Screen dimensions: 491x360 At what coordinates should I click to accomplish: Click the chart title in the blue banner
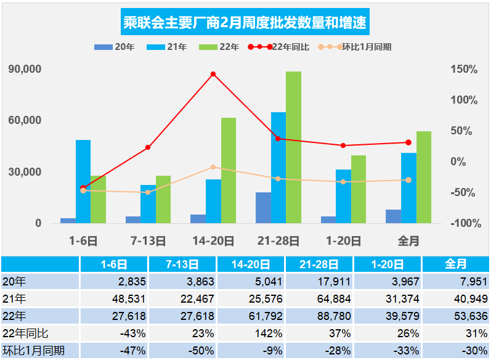pos(245,22)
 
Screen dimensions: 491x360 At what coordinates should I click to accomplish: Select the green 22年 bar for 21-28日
pos(293,147)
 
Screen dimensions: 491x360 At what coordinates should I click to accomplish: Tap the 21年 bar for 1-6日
pos(83,181)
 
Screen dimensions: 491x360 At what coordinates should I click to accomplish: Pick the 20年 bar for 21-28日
pos(263,208)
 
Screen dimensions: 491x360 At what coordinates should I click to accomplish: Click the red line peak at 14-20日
pos(213,74)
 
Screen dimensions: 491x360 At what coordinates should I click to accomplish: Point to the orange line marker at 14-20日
pos(213,167)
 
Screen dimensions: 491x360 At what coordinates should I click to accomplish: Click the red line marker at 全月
pos(408,142)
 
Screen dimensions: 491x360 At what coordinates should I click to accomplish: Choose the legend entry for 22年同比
pos(278,47)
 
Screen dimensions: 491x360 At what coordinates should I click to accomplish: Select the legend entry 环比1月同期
pos(355,47)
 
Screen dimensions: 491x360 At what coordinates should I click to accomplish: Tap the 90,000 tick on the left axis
pos(25,69)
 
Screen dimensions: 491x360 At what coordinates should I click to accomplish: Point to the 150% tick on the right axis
pos(464,69)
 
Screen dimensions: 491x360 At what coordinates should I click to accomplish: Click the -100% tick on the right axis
pos(466,223)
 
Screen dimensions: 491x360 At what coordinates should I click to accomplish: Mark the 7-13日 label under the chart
pos(148,241)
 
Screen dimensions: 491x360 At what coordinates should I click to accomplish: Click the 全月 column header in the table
pos(456,264)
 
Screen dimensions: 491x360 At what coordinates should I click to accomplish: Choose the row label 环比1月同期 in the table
pos(33,351)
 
